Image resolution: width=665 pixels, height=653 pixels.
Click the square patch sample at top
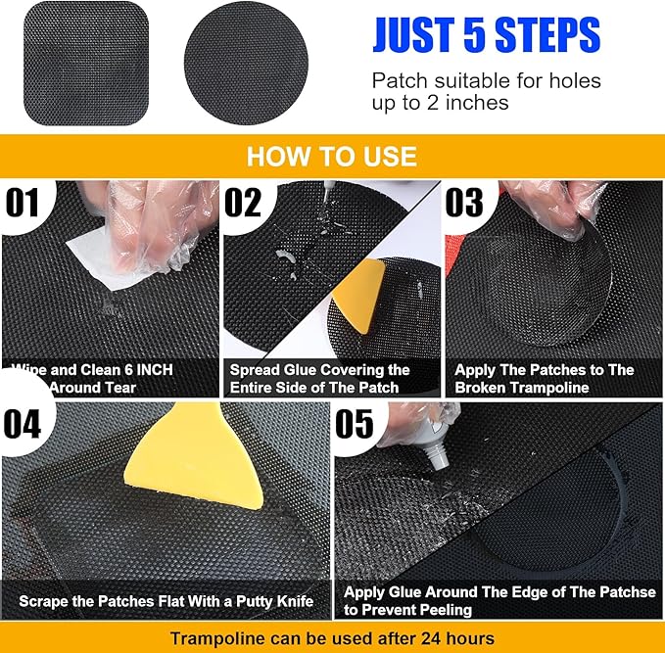click(85, 63)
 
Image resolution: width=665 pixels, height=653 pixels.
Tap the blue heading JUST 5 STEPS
click(485, 34)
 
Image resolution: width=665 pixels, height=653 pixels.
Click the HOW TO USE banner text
click(331, 157)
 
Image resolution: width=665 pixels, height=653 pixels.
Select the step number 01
click(25, 203)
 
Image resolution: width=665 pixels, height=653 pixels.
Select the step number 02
click(244, 203)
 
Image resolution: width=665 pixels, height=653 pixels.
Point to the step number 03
click(464, 203)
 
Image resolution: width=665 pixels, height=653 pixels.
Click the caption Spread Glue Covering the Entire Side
click(319, 379)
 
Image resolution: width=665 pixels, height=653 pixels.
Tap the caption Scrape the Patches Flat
click(166, 600)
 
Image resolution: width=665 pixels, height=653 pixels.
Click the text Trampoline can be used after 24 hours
click(332, 638)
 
